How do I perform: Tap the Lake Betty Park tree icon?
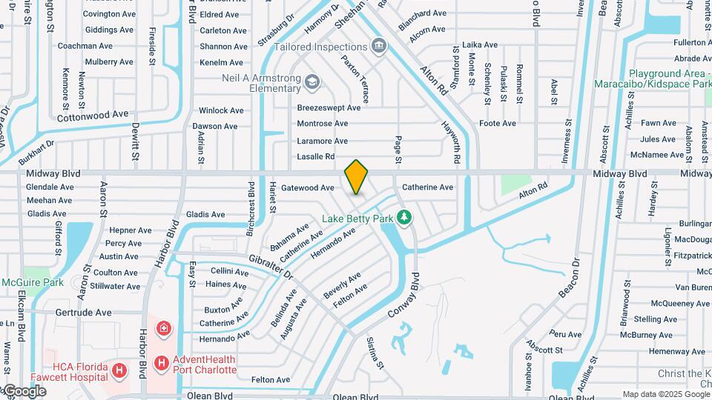[404, 218]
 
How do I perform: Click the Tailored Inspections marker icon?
[380, 47]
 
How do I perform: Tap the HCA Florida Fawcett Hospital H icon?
[119, 369]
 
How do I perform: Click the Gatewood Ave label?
[307, 188]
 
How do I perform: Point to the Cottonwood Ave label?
[93, 116]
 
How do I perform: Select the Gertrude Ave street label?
[83, 313]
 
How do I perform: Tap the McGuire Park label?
[32, 282]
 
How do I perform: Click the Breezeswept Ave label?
[329, 107]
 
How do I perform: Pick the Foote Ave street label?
[497, 124]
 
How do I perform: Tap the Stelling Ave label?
[656, 319]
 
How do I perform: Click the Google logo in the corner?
[24, 391]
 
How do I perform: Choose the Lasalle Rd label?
[316, 156]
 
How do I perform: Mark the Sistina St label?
[375, 353]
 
